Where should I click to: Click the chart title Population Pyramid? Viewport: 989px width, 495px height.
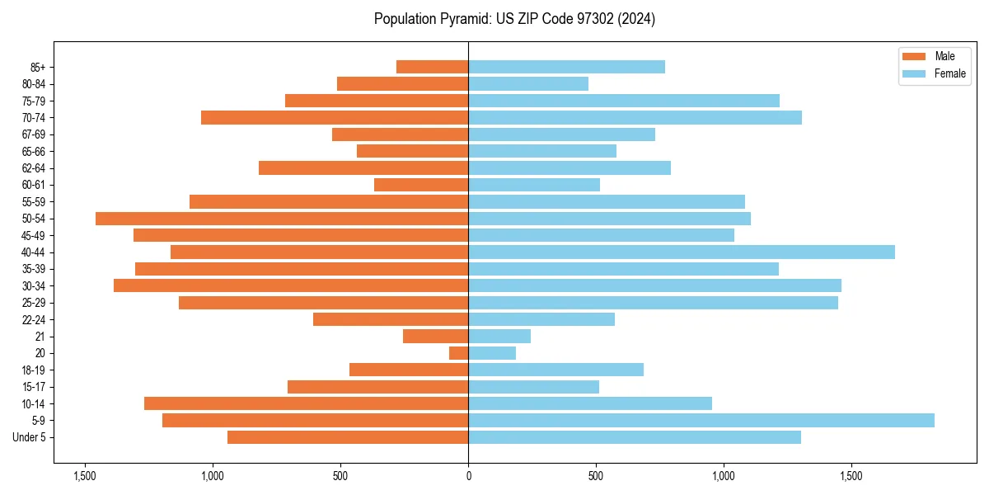(x=514, y=19)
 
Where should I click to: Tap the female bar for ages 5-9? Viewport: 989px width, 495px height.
(x=701, y=421)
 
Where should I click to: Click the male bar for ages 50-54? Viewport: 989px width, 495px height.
(x=282, y=219)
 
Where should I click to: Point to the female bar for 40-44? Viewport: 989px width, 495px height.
(x=681, y=252)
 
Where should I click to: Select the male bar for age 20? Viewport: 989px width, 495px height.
(x=459, y=353)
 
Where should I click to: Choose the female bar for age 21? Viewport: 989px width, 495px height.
(x=499, y=337)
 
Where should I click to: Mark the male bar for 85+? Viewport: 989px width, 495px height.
(x=432, y=67)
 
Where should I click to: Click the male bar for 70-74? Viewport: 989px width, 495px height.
(x=335, y=118)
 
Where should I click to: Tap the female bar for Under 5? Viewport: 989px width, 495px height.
(x=635, y=437)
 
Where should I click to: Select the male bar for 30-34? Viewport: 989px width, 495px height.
(x=291, y=286)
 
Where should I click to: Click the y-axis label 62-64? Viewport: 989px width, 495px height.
(x=34, y=168)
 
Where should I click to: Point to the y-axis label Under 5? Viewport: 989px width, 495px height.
(x=30, y=437)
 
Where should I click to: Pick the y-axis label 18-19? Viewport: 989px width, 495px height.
(x=34, y=370)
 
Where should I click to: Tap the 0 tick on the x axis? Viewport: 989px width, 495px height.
(x=468, y=476)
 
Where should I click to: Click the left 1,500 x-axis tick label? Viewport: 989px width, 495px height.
(x=85, y=476)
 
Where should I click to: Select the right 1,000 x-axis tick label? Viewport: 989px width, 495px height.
(x=724, y=476)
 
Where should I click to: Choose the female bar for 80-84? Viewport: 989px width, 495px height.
(x=528, y=84)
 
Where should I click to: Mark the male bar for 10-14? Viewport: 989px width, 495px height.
(x=306, y=403)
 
